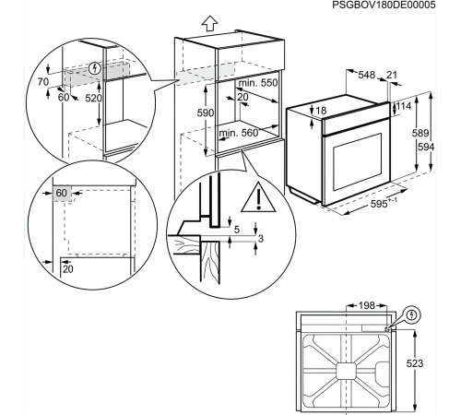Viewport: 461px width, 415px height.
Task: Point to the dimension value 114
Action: [x=404, y=106]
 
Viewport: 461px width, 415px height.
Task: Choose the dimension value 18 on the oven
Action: [x=321, y=110]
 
